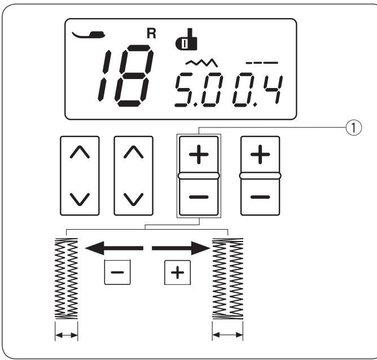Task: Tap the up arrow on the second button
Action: (134, 152)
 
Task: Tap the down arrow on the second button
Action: (134, 199)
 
